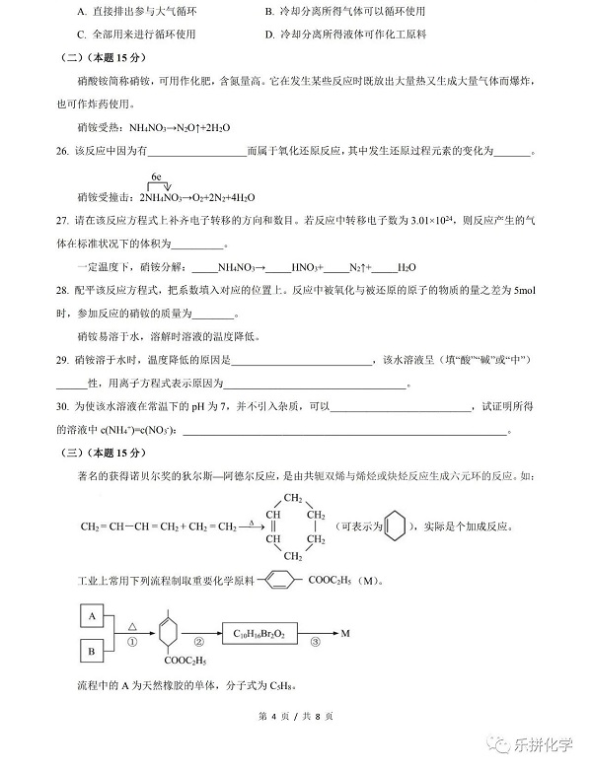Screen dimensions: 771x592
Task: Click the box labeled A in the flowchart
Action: coord(91,617)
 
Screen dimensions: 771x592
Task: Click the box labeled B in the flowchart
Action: coord(91,652)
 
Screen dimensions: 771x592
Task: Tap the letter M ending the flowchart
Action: coord(345,633)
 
